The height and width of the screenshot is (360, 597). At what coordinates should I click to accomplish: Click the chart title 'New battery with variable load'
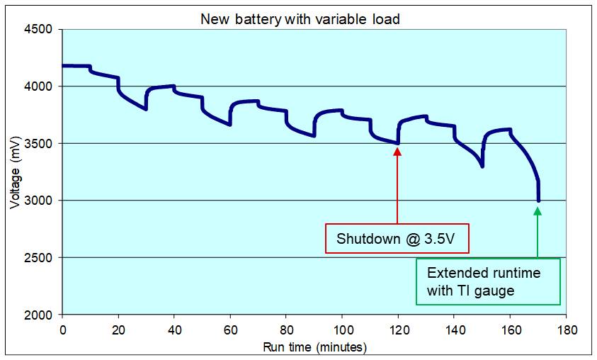click(x=300, y=19)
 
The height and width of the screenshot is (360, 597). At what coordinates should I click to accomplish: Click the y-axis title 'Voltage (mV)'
click(x=15, y=172)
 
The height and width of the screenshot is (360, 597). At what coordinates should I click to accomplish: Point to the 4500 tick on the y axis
click(x=40, y=30)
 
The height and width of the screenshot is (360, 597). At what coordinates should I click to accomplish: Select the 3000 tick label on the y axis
click(x=40, y=201)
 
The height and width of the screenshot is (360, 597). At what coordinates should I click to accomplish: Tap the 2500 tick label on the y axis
click(x=40, y=258)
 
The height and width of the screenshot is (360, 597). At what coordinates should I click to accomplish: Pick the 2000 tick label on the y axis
click(x=40, y=315)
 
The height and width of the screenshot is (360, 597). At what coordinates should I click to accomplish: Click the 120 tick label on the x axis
click(x=397, y=330)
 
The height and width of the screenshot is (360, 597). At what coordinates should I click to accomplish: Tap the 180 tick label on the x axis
click(x=565, y=330)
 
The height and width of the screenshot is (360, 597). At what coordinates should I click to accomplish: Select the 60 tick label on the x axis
click(x=230, y=330)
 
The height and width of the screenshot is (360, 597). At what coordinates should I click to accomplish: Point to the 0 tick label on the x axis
click(x=63, y=330)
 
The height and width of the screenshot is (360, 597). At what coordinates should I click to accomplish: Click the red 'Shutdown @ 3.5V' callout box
click(x=398, y=238)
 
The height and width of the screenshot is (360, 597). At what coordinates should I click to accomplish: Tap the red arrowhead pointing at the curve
click(x=397, y=150)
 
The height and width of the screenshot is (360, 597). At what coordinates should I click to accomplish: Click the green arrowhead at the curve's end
click(x=538, y=210)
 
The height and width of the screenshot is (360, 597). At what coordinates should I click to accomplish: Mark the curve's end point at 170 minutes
click(x=538, y=201)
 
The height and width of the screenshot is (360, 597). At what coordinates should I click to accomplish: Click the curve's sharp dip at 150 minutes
click(x=482, y=166)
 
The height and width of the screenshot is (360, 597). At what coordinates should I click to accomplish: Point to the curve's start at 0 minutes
click(x=64, y=66)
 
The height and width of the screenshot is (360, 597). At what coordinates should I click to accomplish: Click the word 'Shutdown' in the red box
click(x=367, y=239)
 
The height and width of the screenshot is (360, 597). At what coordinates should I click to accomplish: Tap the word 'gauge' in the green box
click(x=496, y=291)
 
